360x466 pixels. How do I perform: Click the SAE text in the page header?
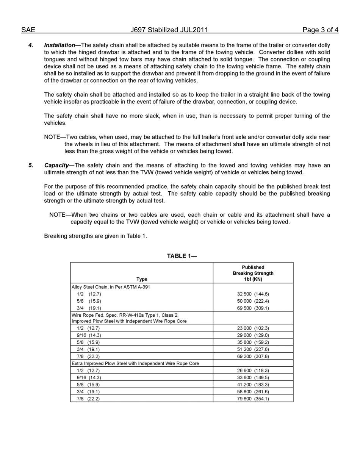click(x=28, y=30)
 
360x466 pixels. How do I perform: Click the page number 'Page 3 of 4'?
click(x=320, y=30)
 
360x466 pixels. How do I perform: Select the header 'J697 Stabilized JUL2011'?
click(x=169, y=30)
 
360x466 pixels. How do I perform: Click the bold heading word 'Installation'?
click(x=59, y=45)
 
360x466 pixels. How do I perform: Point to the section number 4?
click(x=31, y=45)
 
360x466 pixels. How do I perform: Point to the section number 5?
click(x=31, y=165)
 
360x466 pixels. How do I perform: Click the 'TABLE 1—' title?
click(x=182, y=256)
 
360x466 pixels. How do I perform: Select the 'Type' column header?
click(x=142, y=279)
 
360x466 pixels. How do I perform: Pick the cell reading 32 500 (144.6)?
click(x=253, y=294)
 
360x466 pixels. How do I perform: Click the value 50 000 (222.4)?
click(x=253, y=301)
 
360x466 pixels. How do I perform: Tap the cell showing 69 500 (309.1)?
click(x=253, y=308)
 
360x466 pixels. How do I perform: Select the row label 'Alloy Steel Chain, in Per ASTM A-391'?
click(x=111, y=287)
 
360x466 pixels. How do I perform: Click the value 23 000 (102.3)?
click(x=253, y=328)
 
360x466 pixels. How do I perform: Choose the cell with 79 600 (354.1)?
click(x=253, y=399)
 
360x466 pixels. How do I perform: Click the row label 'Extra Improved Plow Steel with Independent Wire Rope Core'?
click(x=135, y=363)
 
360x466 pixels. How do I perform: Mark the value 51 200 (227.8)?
click(x=253, y=349)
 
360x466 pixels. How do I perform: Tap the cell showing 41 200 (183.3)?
click(x=253, y=385)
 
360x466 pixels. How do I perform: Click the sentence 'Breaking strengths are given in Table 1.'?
click(x=95, y=236)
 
